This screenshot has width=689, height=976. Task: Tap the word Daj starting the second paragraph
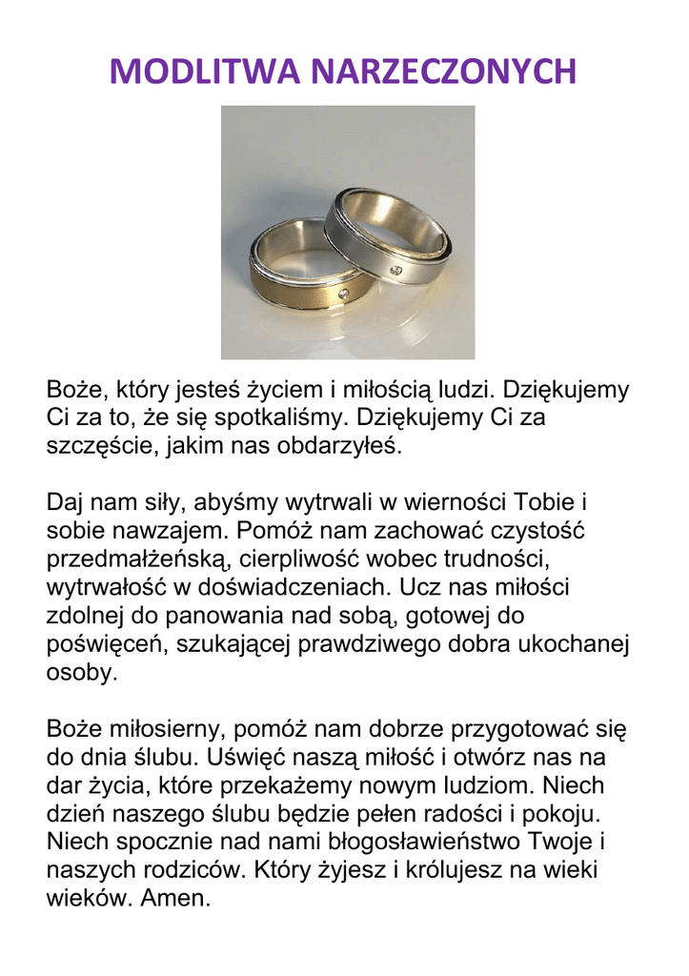(x=68, y=501)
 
